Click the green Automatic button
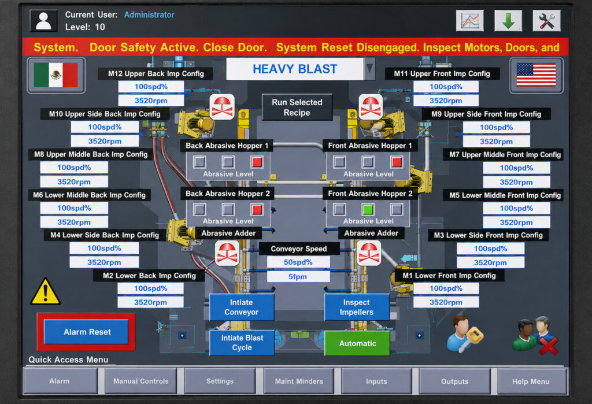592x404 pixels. [357, 343]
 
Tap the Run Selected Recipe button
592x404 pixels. [297, 108]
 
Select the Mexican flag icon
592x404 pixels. [56, 75]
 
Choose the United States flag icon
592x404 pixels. [536, 75]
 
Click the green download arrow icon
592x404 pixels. [508, 21]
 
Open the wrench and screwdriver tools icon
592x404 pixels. [546, 21]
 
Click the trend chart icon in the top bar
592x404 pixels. [469, 21]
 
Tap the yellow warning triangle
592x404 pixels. [45, 292]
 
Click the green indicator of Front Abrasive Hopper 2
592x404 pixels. [368, 209]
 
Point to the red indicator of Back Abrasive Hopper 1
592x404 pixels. [257, 162]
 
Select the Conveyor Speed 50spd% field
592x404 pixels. [298, 262]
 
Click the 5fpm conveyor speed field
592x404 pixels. [298, 276]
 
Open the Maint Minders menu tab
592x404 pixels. [299, 381]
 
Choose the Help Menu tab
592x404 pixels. [531, 381]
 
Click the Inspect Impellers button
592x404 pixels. [357, 307]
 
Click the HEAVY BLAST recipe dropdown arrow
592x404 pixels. [369, 69]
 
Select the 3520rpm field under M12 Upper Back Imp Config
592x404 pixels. [151, 101]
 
